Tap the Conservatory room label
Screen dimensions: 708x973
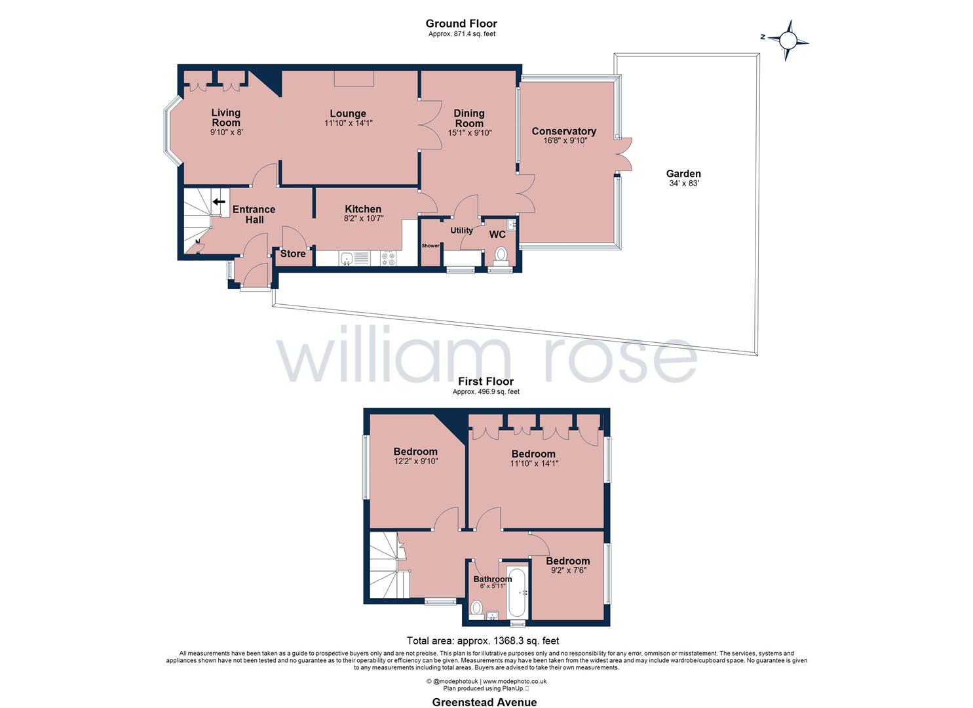[563, 131]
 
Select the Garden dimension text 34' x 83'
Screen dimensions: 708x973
[683, 184]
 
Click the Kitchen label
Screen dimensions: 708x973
[363, 209]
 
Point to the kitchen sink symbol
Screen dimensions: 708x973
[346, 260]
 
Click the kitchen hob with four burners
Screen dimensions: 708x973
[388, 259]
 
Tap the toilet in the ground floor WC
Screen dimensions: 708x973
[502, 254]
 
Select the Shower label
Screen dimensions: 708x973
[430, 246]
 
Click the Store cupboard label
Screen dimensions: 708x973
[293, 254]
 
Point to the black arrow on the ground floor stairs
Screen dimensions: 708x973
[219, 202]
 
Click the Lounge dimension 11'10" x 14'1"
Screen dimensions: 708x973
[348, 123]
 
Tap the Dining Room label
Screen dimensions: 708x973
[469, 118]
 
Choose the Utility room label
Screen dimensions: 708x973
[461, 231]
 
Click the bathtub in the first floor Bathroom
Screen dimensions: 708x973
[518, 593]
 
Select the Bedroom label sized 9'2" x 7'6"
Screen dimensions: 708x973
[567, 561]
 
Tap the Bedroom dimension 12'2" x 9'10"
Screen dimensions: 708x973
[415, 462]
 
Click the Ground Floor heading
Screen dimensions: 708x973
[461, 24]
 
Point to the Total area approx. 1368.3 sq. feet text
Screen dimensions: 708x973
[482, 641]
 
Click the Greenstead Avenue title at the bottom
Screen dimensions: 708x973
[484, 702]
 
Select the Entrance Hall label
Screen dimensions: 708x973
[254, 214]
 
